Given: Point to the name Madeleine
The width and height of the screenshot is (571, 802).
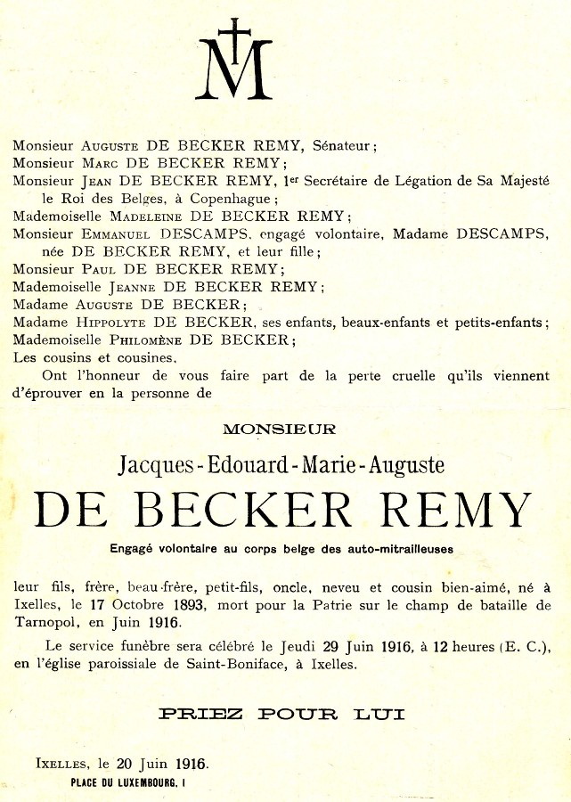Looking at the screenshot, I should [150, 217].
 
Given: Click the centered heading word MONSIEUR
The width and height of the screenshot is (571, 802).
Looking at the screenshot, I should [280, 430].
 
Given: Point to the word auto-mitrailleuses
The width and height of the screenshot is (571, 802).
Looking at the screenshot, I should [406, 550].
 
